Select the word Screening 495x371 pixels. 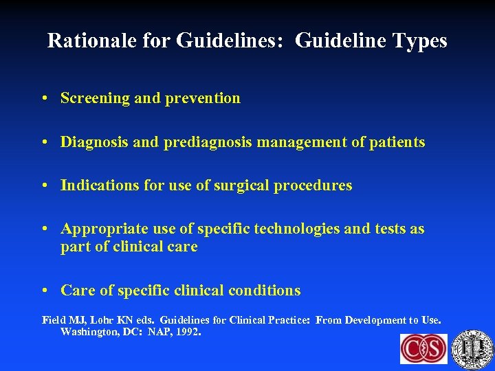(x=95, y=98)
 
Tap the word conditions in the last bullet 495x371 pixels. (x=264, y=291)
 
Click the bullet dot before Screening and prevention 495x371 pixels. (x=43, y=99)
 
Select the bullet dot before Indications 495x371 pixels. (x=43, y=186)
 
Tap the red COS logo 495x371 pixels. (x=423, y=348)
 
